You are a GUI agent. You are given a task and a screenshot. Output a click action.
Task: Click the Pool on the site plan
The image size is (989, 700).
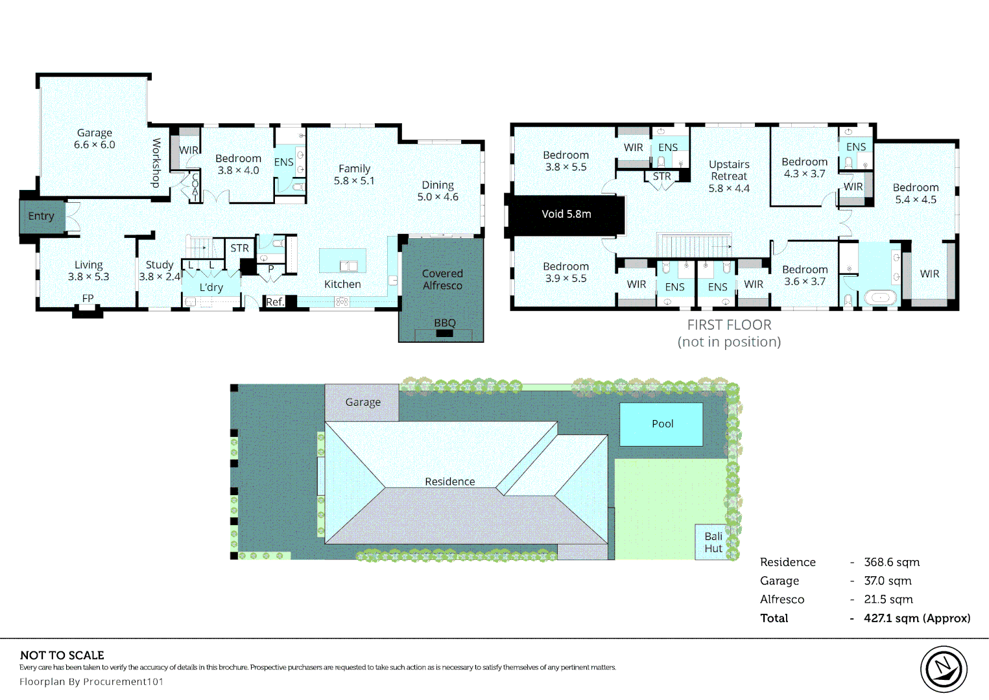click(661, 424)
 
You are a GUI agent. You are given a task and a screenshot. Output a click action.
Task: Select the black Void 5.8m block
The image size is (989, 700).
click(566, 215)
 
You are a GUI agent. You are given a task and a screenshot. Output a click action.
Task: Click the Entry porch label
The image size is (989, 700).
click(41, 216)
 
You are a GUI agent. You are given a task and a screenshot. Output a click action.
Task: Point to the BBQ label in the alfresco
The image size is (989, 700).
click(445, 323)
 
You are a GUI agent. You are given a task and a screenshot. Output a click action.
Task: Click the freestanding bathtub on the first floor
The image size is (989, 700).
click(881, 297)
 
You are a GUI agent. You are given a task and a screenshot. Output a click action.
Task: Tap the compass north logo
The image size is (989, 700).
click(944, 669)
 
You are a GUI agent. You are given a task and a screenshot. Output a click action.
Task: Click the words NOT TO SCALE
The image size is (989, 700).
click(62, 655)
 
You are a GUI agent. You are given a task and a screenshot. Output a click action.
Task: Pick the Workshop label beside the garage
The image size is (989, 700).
click(156, 163)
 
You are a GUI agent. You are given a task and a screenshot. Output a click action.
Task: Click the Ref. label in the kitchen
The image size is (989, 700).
click(274, 302)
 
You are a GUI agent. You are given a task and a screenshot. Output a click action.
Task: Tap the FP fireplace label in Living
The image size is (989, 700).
click(88, 298)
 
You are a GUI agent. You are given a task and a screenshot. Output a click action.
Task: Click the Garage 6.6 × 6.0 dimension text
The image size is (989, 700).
click(95, 145)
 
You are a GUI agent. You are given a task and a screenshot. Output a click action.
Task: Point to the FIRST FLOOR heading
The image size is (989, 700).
click(730, 325)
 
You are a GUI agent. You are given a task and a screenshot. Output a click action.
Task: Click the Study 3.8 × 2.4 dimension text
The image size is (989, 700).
click(160, 277)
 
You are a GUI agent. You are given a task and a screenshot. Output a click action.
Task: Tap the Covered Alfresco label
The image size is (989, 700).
click(442, 279)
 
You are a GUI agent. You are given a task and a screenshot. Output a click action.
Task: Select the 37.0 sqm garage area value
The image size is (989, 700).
click(887, 581)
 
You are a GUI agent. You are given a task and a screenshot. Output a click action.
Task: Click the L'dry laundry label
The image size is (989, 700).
click(211, 287)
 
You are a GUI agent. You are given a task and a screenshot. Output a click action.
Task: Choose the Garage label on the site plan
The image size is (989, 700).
click(363, 402)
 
